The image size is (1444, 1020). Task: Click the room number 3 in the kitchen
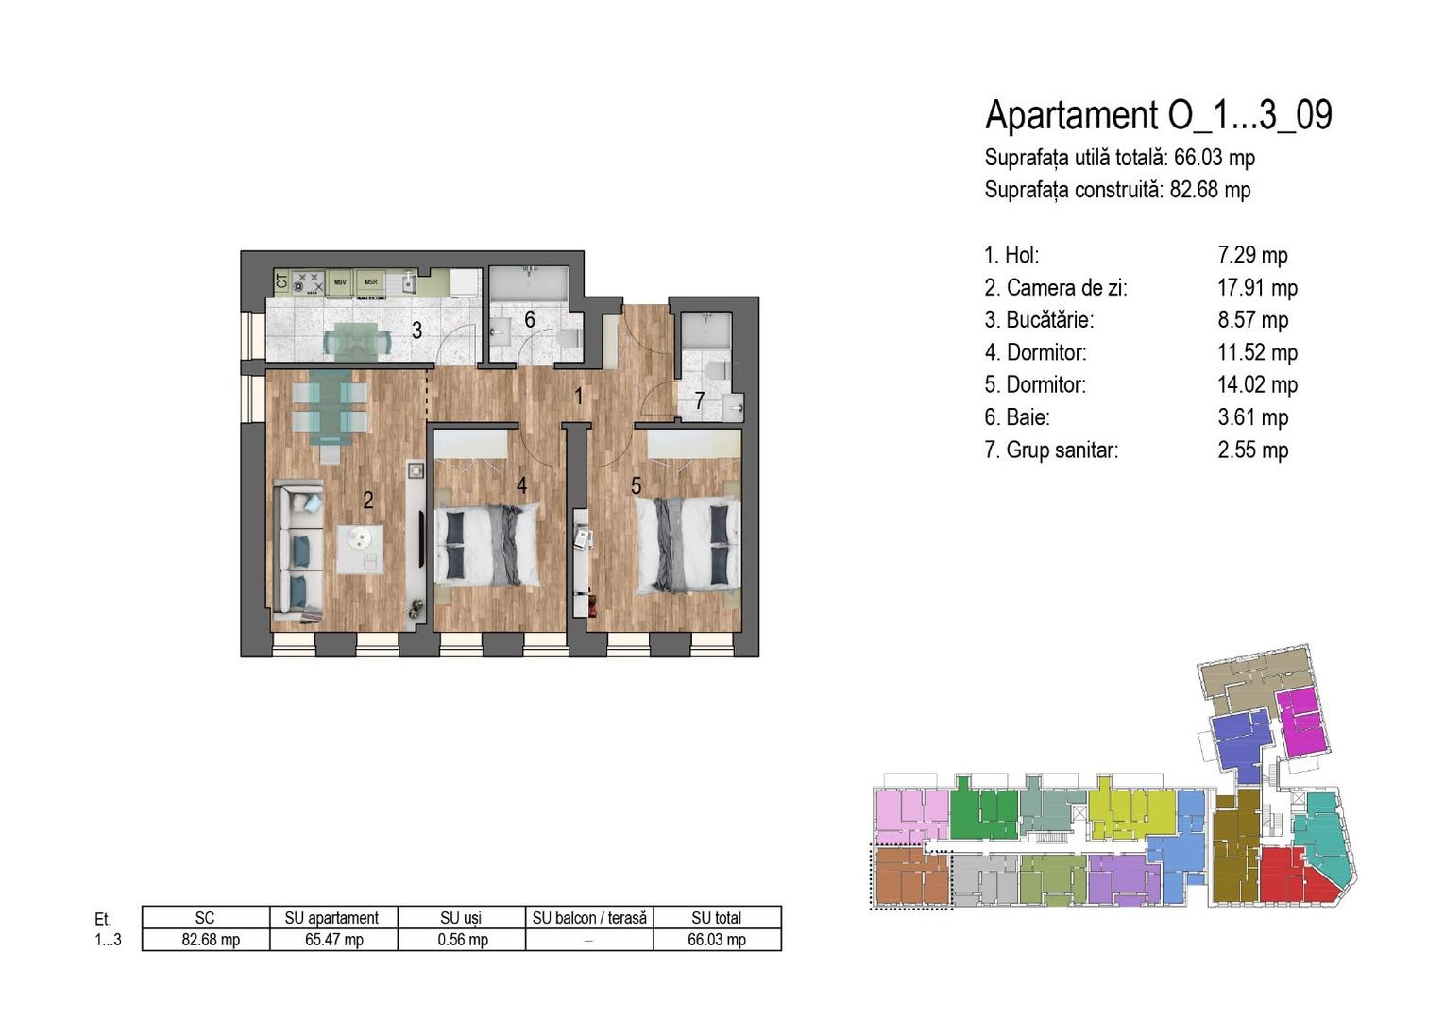pyautogui.click(x=417, y=331)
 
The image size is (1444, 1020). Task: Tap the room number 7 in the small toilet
pyautogui.click(x=700, y=401)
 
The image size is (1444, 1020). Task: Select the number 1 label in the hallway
pyautogui.click(x=578, y=396)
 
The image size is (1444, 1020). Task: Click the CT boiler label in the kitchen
pyautogui.click(x=281, y=281)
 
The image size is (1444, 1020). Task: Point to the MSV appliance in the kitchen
pyautogui.click(x=340, y=282)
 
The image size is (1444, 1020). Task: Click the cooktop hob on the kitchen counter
pyautogui.click(x=308, y=281)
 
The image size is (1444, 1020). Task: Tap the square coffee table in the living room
pyautogui.click(x=361, y=550)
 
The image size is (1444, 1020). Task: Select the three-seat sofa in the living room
pyautogui.click(x=297, y=552)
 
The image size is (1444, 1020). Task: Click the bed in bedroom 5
pyautogui.click(x=688, y=545)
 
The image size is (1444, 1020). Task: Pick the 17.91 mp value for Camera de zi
pyautogui.click(x=1257, y=288)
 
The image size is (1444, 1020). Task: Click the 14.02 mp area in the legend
pyautogui.click(x=1257, y=385)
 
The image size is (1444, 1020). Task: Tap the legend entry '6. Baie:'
pyautogui.click(x=1016, y=417)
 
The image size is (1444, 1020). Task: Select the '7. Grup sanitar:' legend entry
pyautogui.click(x=1051, y=450)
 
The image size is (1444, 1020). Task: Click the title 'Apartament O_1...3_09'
pyautogui.click(x=1159, y=115)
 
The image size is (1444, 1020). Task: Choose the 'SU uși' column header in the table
pyautogui.click(x=462, y=917)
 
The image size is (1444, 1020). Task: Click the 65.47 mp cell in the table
pyautogui.click(x=334, y=940)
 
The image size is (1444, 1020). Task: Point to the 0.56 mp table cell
pyautogui.click(x=462, y=940)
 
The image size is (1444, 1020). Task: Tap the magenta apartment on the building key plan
pyautogui.click(x=1300, y=722)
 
